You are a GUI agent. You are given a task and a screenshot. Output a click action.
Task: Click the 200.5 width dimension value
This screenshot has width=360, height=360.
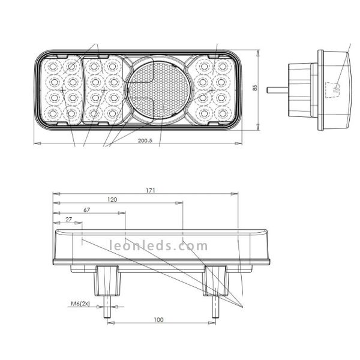145,140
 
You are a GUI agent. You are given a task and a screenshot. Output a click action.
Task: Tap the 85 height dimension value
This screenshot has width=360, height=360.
255,88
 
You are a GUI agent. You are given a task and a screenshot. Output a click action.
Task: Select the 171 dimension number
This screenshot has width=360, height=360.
151,191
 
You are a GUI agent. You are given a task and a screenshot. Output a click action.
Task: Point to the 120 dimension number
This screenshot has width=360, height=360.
112,200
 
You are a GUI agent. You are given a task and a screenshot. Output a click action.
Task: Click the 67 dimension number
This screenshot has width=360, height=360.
87,210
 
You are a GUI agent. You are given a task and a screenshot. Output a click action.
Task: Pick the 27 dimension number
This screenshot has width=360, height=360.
68,220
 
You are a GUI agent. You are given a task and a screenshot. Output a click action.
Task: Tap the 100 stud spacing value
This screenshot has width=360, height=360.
158,320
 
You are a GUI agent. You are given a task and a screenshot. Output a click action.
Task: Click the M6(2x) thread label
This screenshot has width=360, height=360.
80,304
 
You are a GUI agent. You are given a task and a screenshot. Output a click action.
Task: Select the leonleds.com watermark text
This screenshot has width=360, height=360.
158,245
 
